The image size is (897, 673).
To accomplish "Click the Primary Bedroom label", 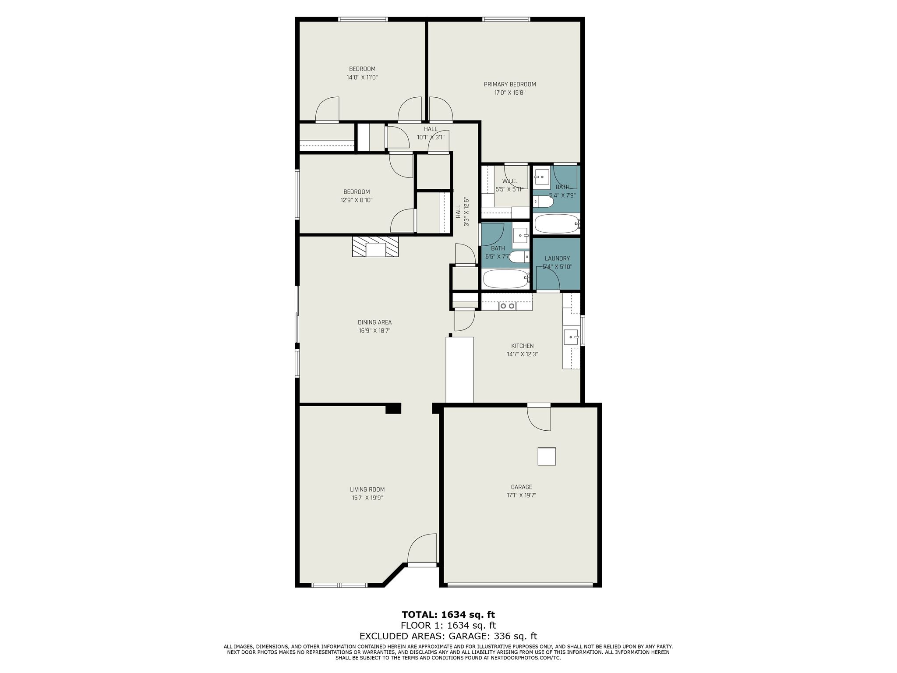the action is pyautogui.click(x=510, y=85).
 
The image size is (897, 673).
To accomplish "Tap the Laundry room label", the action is pyautogui.click(x=557, y=259).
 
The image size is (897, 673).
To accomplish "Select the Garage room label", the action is pyautogui.click(x=521, y=487).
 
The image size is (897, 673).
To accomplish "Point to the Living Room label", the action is pyautogui.click(x=367, y=489).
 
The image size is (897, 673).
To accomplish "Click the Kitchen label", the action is pyautogui.click(x=522, y=346).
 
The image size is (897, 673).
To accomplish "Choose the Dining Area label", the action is pyautogui.click(x=374, y=322).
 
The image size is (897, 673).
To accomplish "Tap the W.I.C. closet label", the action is pyautogui.click(x=509, y=181).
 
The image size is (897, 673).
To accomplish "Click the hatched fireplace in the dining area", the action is pyautogui.click(x=376, y=247).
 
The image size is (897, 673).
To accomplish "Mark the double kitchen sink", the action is pyautogui.click(x=508, y=306).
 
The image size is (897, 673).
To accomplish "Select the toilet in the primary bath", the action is pyautogui.click(x=542, y=202).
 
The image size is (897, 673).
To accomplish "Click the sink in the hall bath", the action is pyautogui.click(x=520, y=236).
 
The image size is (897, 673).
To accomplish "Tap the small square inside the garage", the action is pyautogui.click(x=547, y=457).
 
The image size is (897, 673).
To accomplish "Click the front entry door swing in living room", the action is pyautogui.click(x=422, y=548).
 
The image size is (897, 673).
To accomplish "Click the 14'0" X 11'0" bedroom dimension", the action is pyautogui.click(x=362, y=78).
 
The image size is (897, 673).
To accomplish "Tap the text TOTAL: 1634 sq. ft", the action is pyautogui.click(x=448, y=615).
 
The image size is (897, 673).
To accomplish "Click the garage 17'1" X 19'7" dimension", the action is pyautogui.click(x=521, y=496).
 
